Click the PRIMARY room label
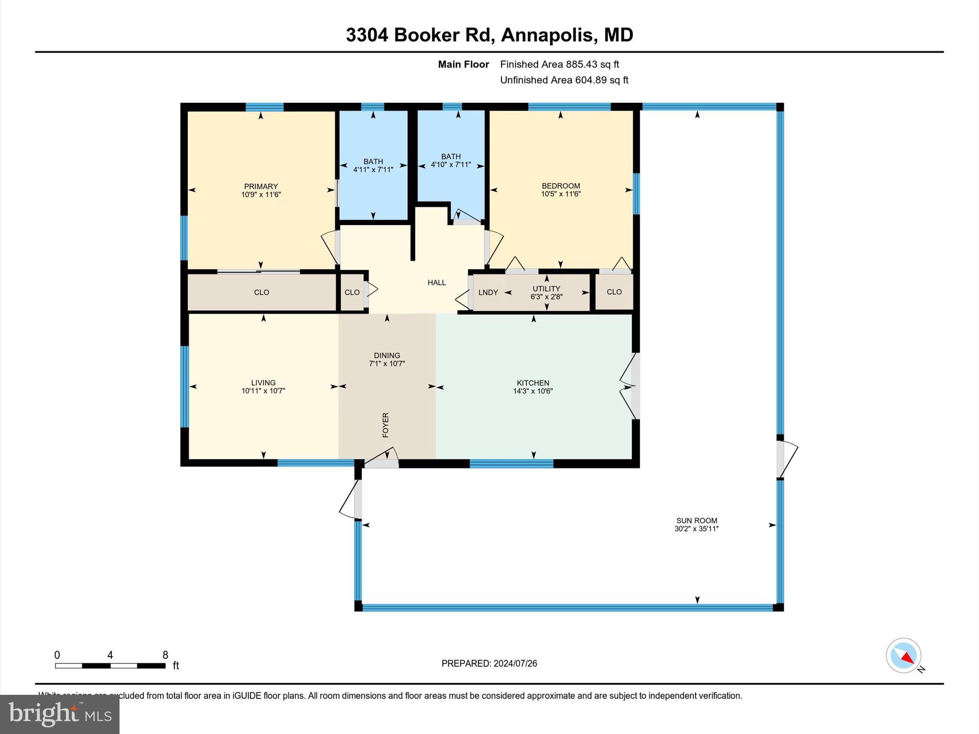[261, 186]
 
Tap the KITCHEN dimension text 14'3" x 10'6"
[533, 391]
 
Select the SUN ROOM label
[696, 520]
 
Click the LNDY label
[488, 292]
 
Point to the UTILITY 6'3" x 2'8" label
[546, 292]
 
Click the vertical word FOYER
[386, 425]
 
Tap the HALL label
[436, 282]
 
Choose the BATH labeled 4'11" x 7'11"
[373, 165]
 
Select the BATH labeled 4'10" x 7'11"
[451, 161]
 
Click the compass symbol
[903, 656]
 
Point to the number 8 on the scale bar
[165, 655]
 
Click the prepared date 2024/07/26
[515, 663]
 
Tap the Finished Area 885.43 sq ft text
[559, 64]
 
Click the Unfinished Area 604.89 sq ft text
[564, 80]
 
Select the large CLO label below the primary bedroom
[261, 292]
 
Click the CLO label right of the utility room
[614, 292]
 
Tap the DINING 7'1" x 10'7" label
[387, 359]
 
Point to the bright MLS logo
[60, 714]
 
